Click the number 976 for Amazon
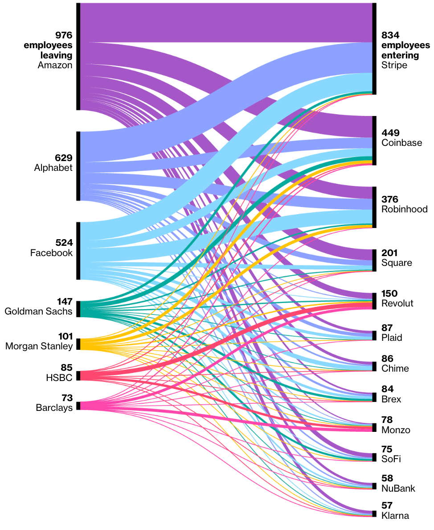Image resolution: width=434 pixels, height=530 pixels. (x=64, y=35)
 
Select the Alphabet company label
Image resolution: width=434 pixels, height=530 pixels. (x=53, y=168)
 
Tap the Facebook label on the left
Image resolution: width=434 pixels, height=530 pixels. (x=51, y=253)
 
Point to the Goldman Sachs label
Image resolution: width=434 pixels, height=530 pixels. (x=38, y=311)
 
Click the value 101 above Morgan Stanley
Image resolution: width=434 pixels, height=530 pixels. (x=65, y=336)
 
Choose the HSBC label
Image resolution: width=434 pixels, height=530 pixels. (x=59, y=377)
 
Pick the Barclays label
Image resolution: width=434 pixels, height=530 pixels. (x=54, y=407)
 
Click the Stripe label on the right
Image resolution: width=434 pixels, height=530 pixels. (x=394, y=65)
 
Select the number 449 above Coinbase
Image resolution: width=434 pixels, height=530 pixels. (x=390, y=133)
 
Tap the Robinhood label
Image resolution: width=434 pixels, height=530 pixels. (x=405, y=209)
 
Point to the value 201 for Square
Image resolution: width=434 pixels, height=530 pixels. (x=389, y=253)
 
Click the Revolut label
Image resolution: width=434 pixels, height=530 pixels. (x=397, y=303)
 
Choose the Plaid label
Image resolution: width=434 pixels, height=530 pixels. (x=392, y=338)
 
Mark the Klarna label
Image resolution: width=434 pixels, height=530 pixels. (x=395, y=516)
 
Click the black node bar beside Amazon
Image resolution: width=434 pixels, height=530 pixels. (x=78, y=57)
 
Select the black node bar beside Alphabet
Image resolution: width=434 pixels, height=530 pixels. (x=78, y=166)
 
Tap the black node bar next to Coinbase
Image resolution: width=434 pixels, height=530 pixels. (x=374, y=141)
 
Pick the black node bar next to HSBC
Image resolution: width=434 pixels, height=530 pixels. (x=78, y=376)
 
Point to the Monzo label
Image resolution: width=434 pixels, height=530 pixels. (x=396, y=430)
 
